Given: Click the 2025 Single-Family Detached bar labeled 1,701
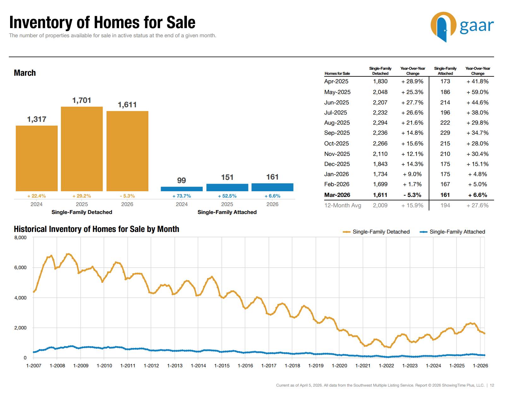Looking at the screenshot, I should (82, 149).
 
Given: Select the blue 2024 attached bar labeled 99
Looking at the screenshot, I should (182, 189).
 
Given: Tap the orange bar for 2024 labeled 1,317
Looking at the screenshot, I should (37, 158).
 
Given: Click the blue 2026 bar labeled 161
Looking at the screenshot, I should (272, 187).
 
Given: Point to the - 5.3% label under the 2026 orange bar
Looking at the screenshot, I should (127, 196).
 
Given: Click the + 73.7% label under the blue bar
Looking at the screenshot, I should (182, 196).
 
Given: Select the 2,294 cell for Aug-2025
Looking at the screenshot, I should (380, 123).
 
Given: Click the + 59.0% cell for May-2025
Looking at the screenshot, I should (477, 92).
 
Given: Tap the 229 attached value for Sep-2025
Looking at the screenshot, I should (445, 133).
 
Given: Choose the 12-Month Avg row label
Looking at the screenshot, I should (343, 205).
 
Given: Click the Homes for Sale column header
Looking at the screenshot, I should (337, 74).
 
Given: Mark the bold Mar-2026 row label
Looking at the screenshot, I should (337, 195).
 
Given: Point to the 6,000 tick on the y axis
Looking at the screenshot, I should (21, 268).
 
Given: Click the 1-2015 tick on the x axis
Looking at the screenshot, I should (222, 365).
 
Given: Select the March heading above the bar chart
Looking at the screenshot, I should (25, 73).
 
